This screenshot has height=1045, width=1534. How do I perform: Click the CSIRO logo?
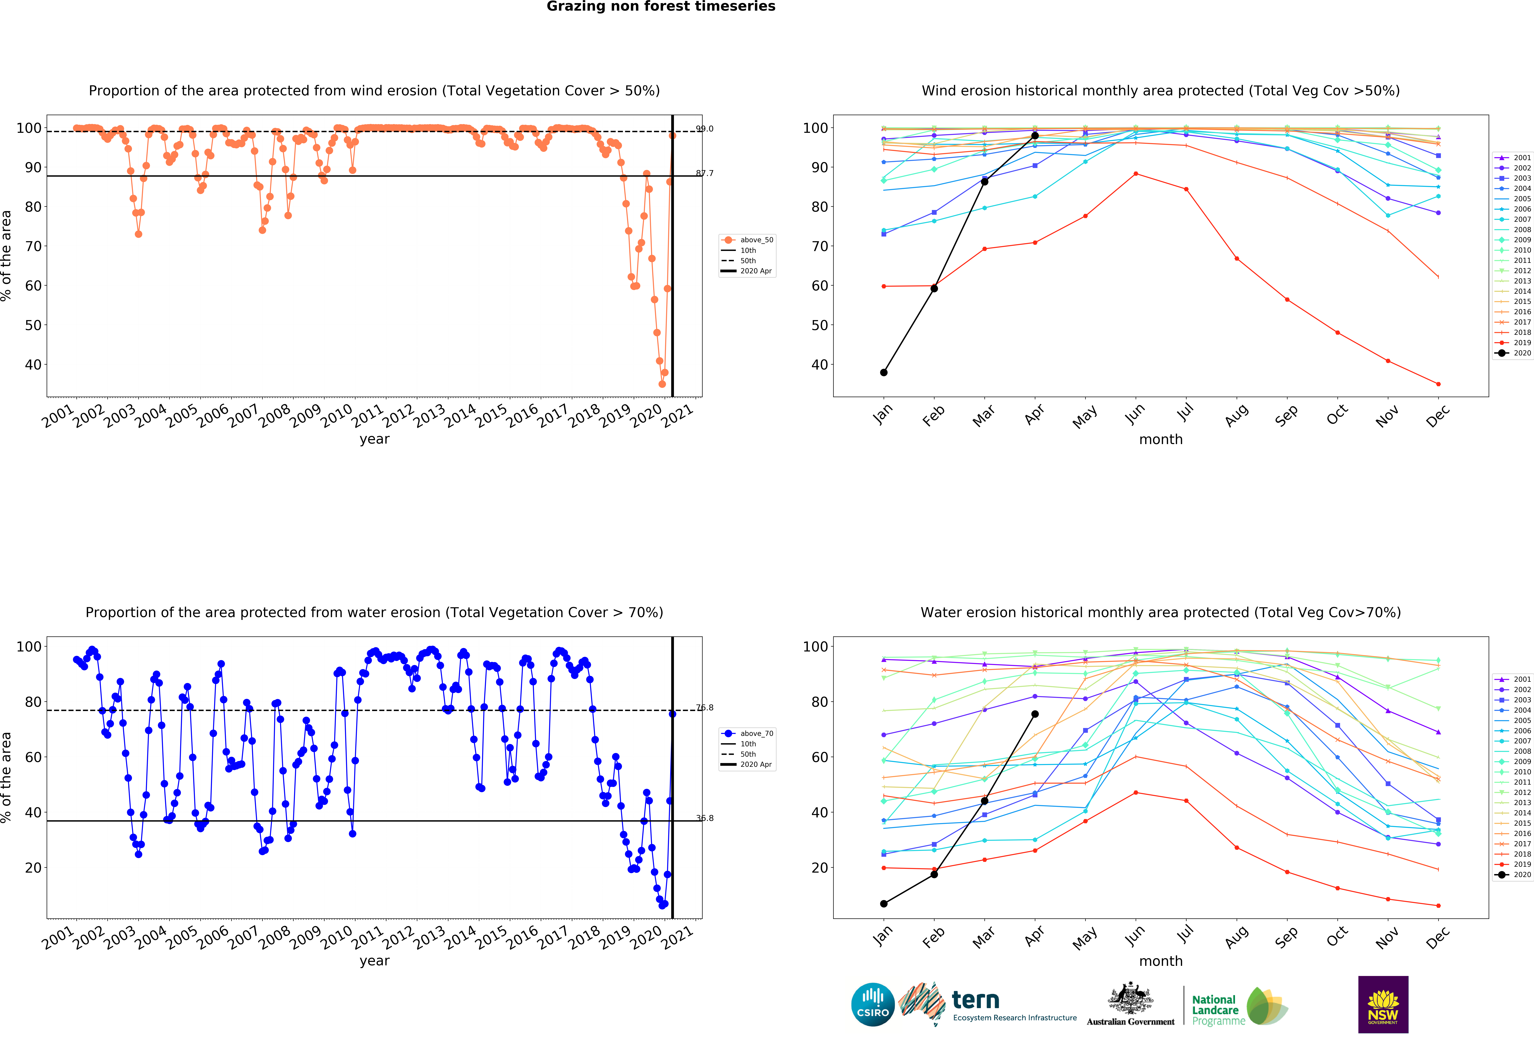(873, 1005)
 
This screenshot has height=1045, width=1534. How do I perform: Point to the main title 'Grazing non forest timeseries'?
(661, 7)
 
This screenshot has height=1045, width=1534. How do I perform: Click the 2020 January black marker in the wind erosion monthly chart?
(884, 373)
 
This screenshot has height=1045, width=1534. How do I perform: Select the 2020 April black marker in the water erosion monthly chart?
(1035, 714)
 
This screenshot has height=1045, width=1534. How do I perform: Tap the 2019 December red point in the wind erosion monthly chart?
(1438, 384)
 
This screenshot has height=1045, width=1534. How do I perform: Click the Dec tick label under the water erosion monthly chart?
(1438, 937)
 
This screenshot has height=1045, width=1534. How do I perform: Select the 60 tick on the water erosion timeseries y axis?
(33, 757)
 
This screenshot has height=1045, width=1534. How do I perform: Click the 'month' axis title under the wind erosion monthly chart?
(1160, 439)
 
